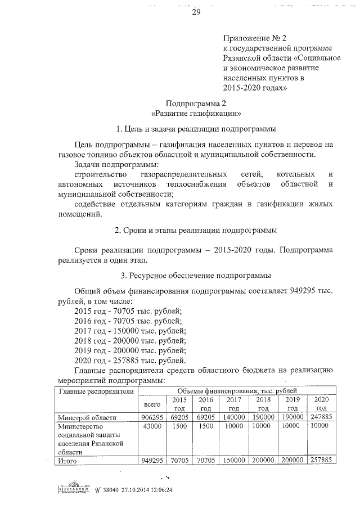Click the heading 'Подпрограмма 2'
point(196,103)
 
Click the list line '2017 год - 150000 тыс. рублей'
point(130,331)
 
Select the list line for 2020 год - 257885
point(130,361)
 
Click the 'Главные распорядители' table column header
point(96,391)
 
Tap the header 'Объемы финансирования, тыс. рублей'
point(236,391)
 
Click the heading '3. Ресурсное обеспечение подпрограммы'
point(196,276)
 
